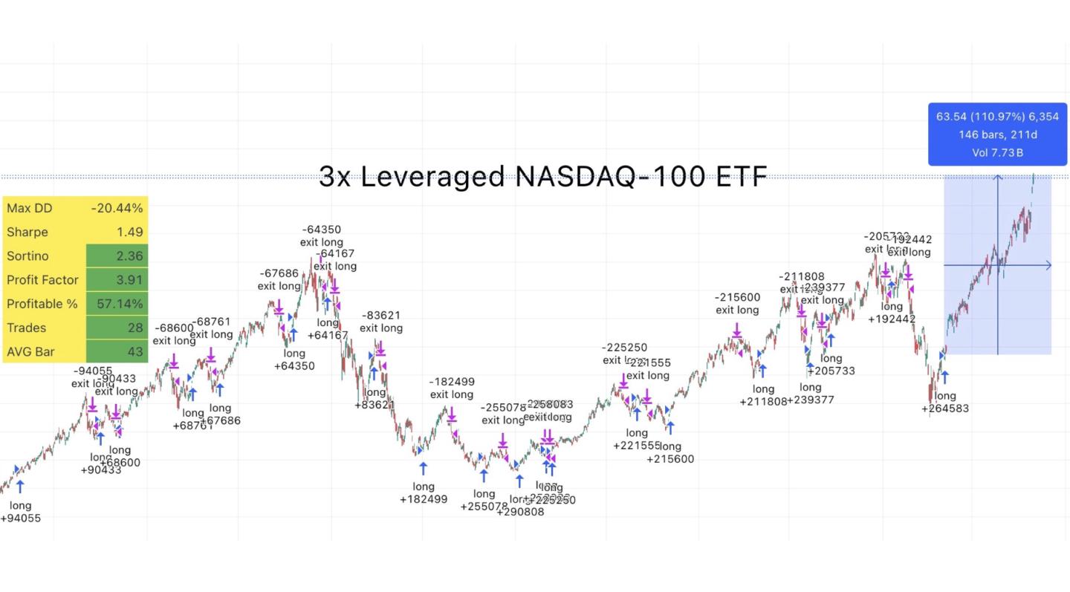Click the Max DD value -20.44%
tap(117, 208)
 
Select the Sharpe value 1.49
tap(129, 232)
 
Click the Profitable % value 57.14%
tap(120, 304)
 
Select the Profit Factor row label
tap(42, 280)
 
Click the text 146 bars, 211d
tap(997, 134)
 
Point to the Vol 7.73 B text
tap(997, 153)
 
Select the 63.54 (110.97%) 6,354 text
tap(997, 117)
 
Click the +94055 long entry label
tap(20, 518)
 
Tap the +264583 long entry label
tap(945, 409)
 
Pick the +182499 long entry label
tap(424, 499)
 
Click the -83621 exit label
tap(381, 315)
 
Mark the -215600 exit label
tap(737, 297)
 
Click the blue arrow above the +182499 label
tap(424, 468)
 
